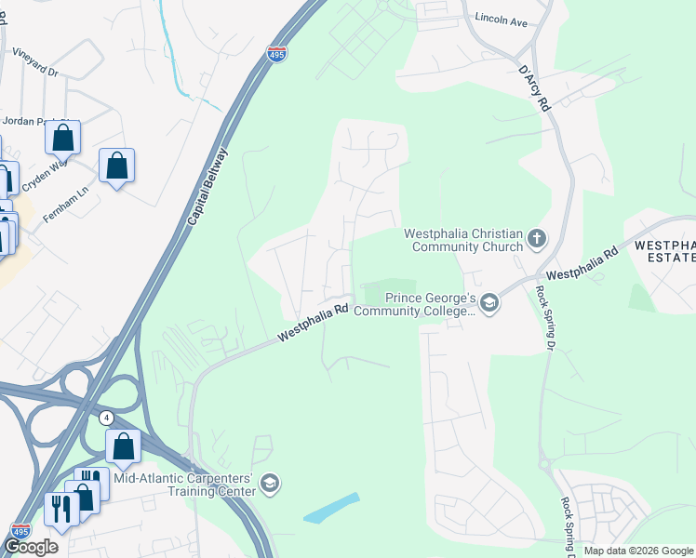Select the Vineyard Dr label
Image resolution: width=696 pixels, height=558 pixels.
(35, 63)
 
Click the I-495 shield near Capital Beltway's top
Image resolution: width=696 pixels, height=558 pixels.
(275, 55)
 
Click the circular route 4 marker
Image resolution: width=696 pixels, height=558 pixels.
(107, 418)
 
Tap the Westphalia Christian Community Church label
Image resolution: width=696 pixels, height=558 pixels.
(462, 240)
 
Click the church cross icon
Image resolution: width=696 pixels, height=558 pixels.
(536, 240)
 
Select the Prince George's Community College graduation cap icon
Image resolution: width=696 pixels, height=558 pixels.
(489, 303)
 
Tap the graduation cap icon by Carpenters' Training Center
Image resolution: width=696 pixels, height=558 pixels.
(269, 483)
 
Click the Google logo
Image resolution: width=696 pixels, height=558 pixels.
(31, 548)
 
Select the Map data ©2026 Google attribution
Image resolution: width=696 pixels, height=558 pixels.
(637, 551)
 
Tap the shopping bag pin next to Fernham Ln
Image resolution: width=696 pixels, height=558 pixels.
(116, 166)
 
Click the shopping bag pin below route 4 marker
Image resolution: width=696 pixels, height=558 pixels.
(123, 447)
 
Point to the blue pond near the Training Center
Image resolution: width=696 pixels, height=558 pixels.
(331, 508)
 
